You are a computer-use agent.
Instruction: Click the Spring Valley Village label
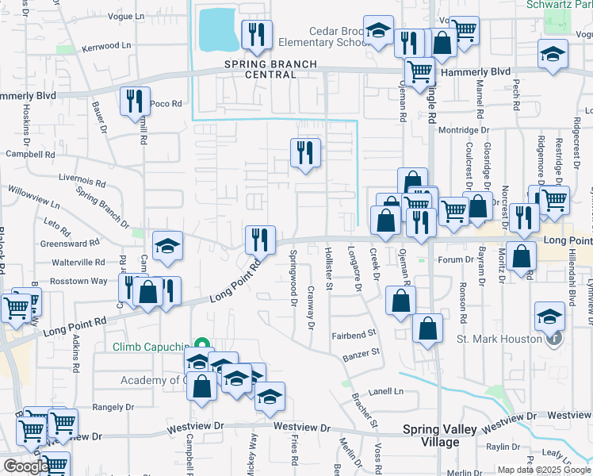440,436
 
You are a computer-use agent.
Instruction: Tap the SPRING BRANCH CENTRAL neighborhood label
270,69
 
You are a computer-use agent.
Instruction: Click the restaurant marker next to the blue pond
256,34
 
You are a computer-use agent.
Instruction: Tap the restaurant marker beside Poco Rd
134,102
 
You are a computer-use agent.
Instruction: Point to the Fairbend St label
353,336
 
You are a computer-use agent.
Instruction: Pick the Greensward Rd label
70,243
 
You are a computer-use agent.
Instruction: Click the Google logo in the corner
25,466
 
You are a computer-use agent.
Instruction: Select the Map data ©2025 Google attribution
544,470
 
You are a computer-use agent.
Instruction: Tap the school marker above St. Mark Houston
549,317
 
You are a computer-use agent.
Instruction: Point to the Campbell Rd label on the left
27,155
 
